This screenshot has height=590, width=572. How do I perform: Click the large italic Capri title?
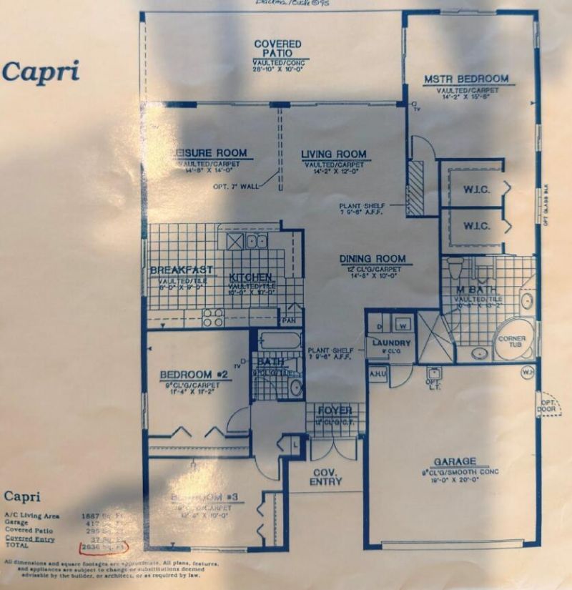[40, 71]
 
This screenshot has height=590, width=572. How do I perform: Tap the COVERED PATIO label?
[277, 49]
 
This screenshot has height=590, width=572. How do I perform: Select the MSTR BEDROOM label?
[465, 79]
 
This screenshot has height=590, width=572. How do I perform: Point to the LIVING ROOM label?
[333, 154]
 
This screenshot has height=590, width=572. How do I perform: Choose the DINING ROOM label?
[372, 259]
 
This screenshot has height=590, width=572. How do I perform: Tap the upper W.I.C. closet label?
[475, 180]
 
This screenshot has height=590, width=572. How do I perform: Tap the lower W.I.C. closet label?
[475, 226]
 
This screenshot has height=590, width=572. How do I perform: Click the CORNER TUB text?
[512, 342]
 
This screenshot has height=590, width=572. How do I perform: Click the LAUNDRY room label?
[391, 343]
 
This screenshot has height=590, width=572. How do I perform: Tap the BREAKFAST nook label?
[182, 270]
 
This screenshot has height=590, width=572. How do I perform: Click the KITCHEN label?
[250, 277]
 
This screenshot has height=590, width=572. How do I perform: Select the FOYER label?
[334, 410]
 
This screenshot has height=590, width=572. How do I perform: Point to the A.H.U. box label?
[378, 373]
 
